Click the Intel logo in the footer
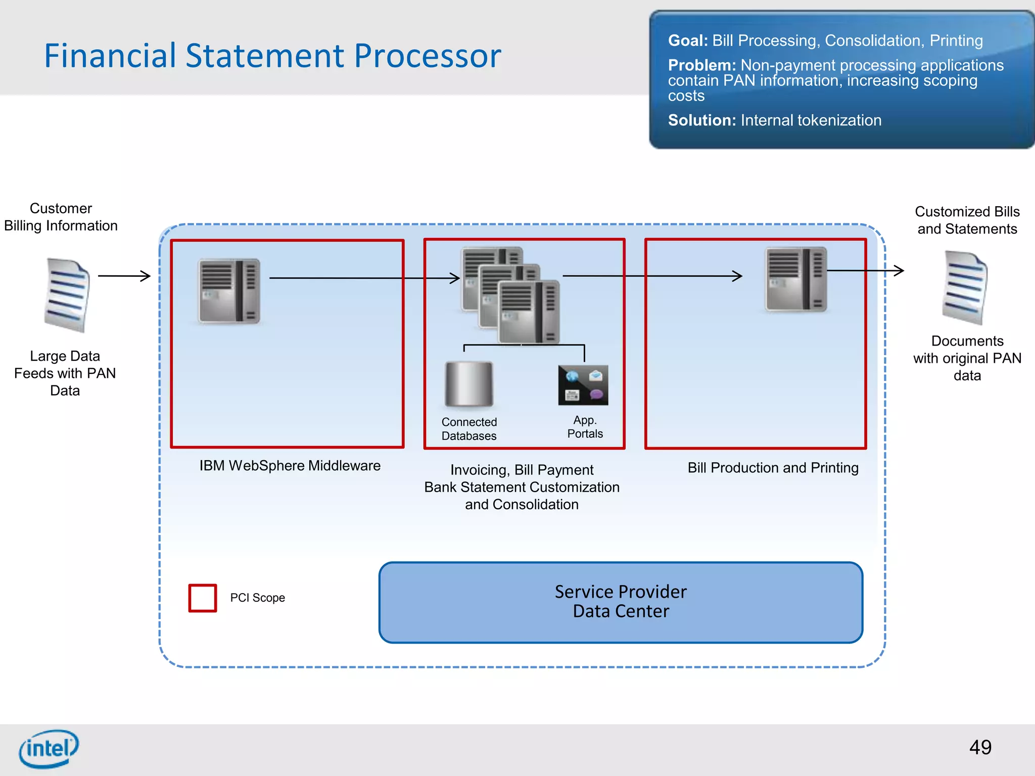[x=49, y=748]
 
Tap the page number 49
[x=980, y=747]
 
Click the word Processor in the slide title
[x=427, y=56]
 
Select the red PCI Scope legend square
[x=203, y=598]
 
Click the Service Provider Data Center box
[x=621, y=602]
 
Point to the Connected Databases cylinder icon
[x=469, y=384]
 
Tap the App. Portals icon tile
[x=583, y=385]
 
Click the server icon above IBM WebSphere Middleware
[x=229, y=291]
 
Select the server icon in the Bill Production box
[x=796, y=279]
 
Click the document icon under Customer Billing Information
[x=67, y=295]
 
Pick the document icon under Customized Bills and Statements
[x=964, y=288]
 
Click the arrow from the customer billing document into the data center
[x=124, y=276]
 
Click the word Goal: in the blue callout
[x=688, y=41]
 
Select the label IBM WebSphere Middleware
[x=290, y=466]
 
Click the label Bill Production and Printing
[x=773, y=468]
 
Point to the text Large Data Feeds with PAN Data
[x=65, y=373]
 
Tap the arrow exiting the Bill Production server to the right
[x=865, y=271]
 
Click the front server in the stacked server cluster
[x=529, y=312]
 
